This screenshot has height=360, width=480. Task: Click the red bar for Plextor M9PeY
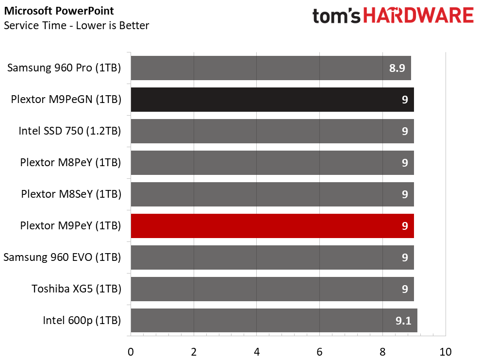[272, 226]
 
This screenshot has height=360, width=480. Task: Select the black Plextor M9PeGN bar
[272, 100]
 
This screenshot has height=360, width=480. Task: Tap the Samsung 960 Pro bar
[271, 68]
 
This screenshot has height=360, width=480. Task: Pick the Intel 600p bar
[274, 321]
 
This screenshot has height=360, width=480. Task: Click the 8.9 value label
[397, 68]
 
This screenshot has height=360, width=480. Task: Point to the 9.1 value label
[403, 321]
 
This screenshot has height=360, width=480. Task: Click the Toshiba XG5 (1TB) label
[77, 289]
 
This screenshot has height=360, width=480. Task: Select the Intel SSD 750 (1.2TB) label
[70, 131]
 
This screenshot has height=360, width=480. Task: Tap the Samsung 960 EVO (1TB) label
[62, 257]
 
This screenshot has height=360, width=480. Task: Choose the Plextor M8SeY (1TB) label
[71, 194]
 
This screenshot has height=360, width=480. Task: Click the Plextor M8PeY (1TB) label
[70, 162]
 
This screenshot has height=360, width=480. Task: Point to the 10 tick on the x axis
[446, 352]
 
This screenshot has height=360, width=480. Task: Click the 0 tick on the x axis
[131, 352]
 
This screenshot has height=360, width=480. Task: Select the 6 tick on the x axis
[319, 352]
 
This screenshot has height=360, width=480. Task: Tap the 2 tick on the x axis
[194, 352]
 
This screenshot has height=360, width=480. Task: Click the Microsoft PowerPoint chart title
[59, 11]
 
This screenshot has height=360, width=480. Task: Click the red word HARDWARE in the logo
[418, 16]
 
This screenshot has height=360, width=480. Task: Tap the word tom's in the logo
[336, 16]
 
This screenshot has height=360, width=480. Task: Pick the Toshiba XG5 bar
[272, 289]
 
